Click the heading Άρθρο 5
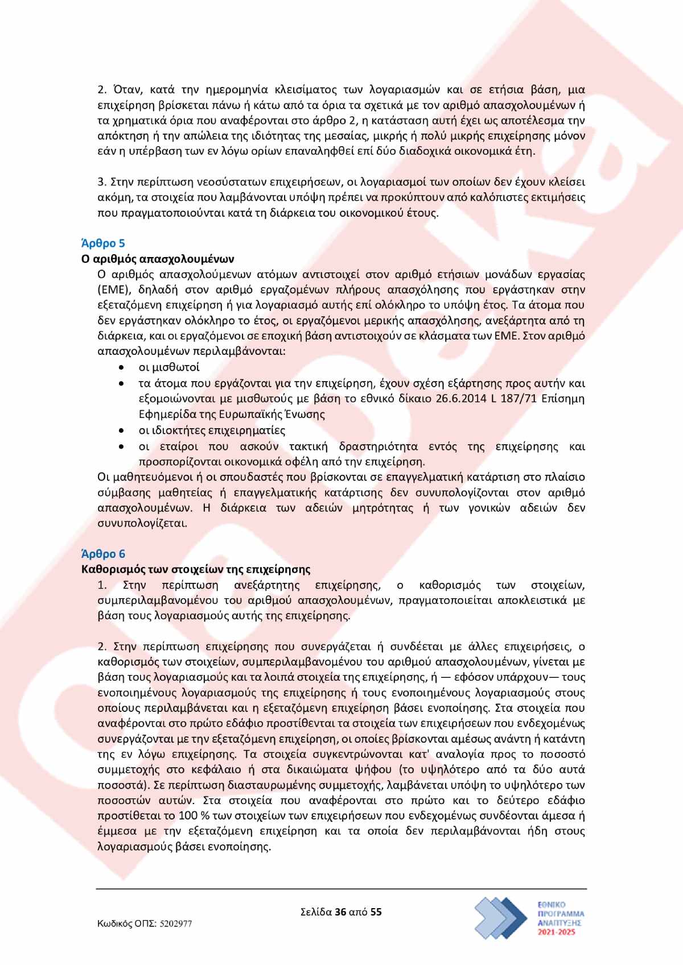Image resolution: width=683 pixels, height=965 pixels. coord(103,243)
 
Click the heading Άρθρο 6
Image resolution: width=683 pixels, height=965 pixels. coord(103,554)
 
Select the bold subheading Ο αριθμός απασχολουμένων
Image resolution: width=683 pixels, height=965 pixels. coord(157,259)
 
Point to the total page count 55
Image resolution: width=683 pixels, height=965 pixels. coord(376,912)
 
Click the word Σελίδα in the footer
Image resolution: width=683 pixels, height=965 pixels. coord(316,912)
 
